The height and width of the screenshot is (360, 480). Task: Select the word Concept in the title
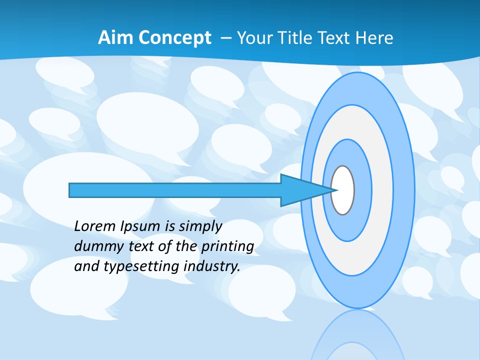170,38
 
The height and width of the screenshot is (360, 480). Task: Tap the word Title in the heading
297,38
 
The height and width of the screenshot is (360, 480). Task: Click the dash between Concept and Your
225,38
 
